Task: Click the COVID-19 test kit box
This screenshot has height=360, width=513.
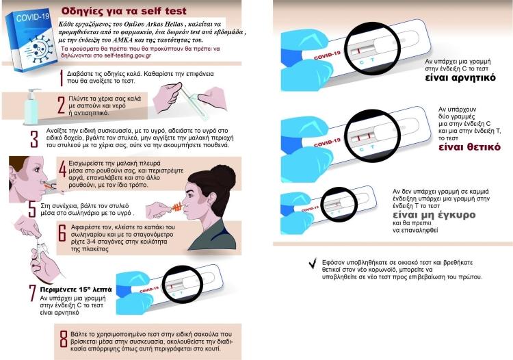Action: [x=31, y=42]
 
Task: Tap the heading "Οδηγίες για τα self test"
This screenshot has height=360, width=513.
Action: [x=124, y=11]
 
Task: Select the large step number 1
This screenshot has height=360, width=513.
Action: [x=61, y=77]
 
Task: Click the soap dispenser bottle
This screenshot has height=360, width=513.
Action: [x=31, y=107]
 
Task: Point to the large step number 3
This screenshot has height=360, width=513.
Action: [x=34, y=139]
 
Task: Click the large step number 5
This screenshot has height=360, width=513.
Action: [x=31, y=209]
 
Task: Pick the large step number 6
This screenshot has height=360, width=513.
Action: [x=62, y=233]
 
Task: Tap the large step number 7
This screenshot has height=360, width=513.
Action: [x=32, y=293]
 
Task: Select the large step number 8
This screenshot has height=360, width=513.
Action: [x=64, y=339]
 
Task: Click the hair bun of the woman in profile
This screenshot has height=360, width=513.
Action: [x=223, y=177]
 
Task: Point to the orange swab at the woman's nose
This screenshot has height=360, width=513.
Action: [x=176, y=207]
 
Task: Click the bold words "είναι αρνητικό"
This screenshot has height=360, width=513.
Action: [x=460, y=78]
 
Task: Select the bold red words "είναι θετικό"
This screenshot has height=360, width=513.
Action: [x=469, y=147]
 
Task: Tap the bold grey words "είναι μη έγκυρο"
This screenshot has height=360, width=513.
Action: [x=434, y=215]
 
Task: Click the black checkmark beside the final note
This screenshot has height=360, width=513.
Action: [x=313, y=263]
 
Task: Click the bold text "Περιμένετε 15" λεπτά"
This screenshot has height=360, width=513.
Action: [x=76, y=290]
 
